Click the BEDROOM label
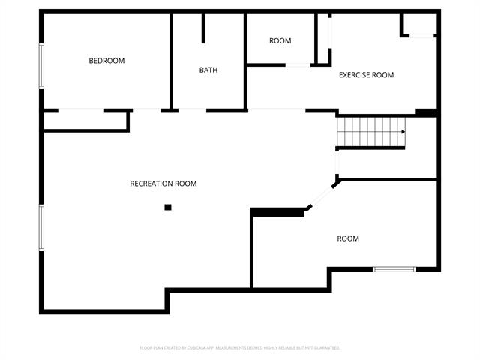(106, 61)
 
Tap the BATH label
(208, 70)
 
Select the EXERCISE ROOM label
(366, 75)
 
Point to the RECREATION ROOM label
(163, 184)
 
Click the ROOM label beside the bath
(280, 41)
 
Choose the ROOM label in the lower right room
(348, 238)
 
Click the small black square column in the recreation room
(168, 207)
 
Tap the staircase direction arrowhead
(403, 132)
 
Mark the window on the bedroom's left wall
(42, 66)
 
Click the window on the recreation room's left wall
(42, 227)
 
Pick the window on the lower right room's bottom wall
(394, 268)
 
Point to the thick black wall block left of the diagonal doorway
(277, 212)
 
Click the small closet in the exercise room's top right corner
(418, 25)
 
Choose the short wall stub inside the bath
(203, 27)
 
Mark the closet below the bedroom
(85, 120)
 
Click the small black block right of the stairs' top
(425, 113)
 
